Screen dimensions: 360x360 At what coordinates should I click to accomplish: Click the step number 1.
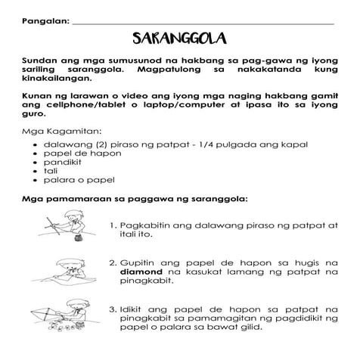pyautogui.click(x=112, y=225)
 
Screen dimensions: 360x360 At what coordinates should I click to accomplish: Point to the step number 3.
pyautogui.click(x=112, y=309)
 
